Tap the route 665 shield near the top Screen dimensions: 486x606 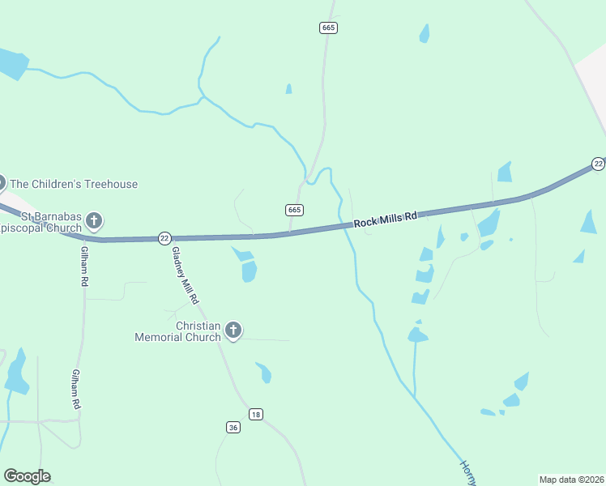click(327, 28)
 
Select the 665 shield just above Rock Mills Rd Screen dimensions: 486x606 click(295, 210)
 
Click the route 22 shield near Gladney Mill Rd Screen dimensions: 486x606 click(164, 237)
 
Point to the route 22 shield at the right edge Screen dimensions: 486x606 click(598, 164)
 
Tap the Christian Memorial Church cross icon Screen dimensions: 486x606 click(233, 330)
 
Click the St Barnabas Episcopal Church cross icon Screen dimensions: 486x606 click(94, 220)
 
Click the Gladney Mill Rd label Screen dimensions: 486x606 click(185, 275)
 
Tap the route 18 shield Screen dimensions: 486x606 click(256, 414)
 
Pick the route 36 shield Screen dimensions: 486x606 click(233, 427)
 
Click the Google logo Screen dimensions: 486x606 click(27, 476)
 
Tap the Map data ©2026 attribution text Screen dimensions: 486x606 click(571, 479)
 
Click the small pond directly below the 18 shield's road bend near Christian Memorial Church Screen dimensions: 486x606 click(264, 373)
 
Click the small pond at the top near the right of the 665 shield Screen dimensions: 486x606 click(424, 33)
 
